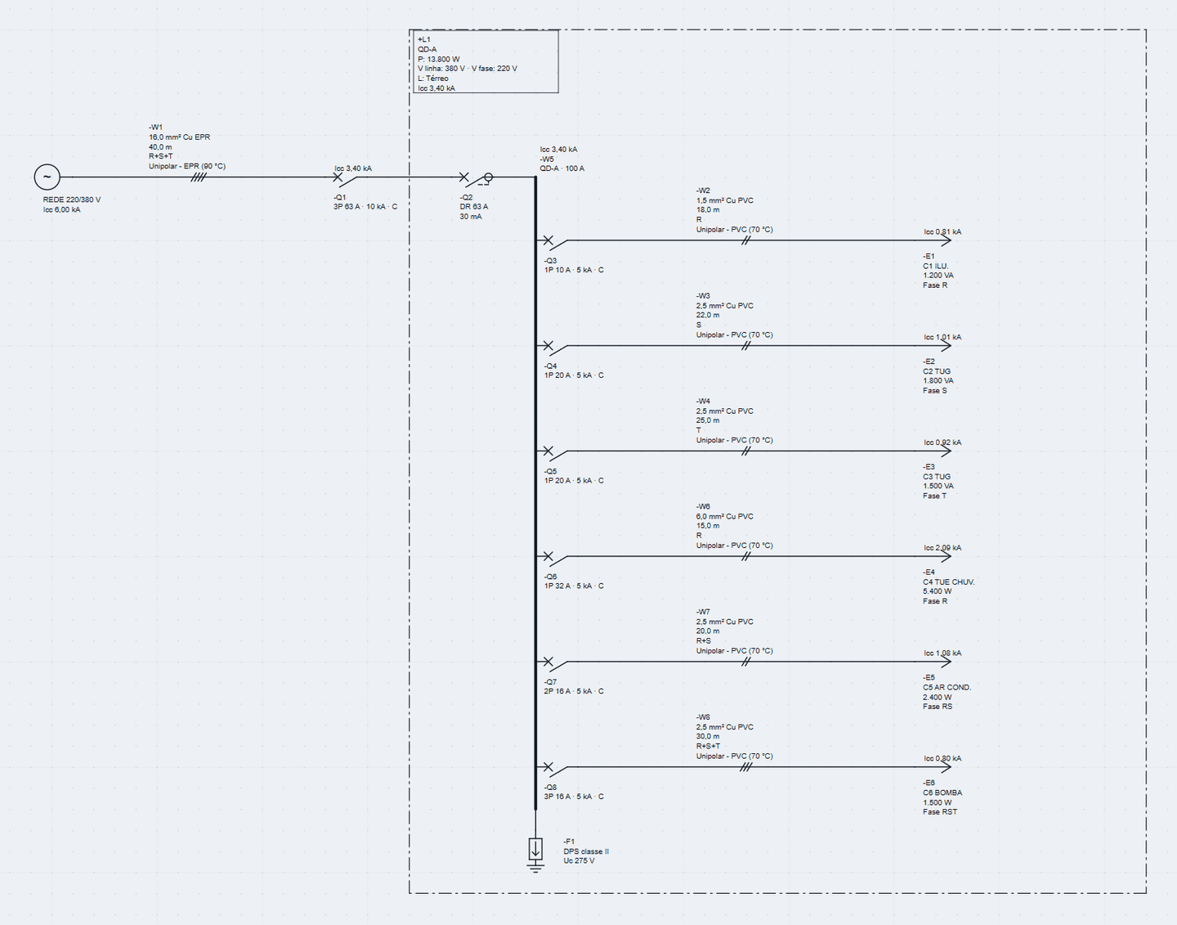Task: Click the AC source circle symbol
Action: [x=47, y=177]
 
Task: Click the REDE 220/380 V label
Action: [x=72, y=200]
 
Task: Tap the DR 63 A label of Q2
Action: [x=474, y=206]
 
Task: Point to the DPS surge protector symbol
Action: [x=535, y=849]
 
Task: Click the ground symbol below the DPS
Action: [x=535, y=867]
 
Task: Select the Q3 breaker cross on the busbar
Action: [x=548, y=240]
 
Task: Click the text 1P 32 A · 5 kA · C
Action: [x=574, y=586]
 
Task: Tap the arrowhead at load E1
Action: [x=946, y=240]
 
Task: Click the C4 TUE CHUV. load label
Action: [x=948, y=582]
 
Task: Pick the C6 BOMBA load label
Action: [x=942, y=793]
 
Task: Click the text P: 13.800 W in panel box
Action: [x=439, y=59]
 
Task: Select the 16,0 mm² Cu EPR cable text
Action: [x=179, y=137]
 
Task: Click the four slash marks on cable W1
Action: [x=199, y=177]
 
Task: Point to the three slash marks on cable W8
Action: [x=746, y=767]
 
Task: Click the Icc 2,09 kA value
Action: [x=942, y=548]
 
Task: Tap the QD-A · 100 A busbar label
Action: [x=562, y=168]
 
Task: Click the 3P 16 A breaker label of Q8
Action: [x=574, y=797]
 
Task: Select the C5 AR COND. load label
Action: [x=947, y=688]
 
